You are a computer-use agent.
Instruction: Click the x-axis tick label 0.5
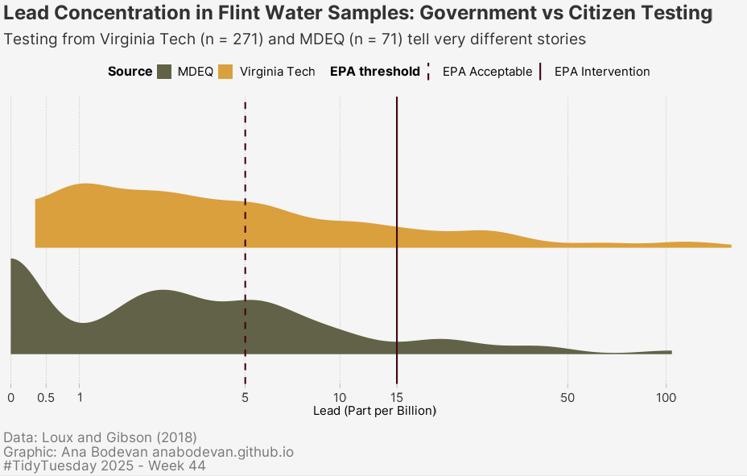(46, 397)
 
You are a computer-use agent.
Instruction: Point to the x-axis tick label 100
(666, 397)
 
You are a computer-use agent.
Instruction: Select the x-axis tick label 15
(397, 397)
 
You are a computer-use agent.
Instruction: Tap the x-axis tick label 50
(568, 397)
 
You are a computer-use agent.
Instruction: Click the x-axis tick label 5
(245, 397)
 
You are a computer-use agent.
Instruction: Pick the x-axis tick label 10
(340, 397)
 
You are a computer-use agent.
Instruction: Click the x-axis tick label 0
(10, 397)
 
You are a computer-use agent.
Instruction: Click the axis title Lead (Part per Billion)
(374, 411)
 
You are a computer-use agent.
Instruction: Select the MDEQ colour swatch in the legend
(164, 72)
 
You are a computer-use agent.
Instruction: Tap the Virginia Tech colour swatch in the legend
(226, 72)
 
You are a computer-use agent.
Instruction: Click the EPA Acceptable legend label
(487, 72)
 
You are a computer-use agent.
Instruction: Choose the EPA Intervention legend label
(602, 72)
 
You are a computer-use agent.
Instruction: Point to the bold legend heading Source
(130, 72)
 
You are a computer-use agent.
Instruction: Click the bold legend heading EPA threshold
(375, 72)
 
